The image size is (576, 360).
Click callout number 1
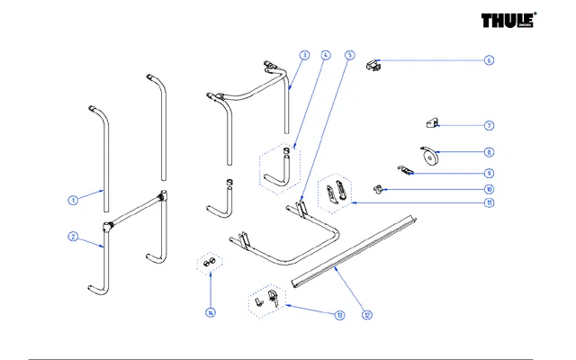(x=71, y=199)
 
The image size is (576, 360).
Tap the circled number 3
(x=305, y=56)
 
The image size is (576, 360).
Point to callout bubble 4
(x=325, y=56)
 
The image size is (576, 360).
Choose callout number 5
(x=349, y=56)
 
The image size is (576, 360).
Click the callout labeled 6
(x=489, y=61)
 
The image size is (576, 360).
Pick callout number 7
(x=489, y=126)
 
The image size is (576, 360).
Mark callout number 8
(x=489, y=153)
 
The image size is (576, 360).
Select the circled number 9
(x=489, y=173)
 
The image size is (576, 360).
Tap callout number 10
(x=489, y=190)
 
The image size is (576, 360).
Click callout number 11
(x=489, y=203)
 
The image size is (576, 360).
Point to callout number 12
(x=367, y=315)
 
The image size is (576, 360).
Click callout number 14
(x=211, y=313)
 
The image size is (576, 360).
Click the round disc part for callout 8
(x=428, y=156)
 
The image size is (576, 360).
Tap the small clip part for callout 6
(x=374, y=65)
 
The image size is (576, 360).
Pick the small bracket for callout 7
(x=433, y=122)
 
